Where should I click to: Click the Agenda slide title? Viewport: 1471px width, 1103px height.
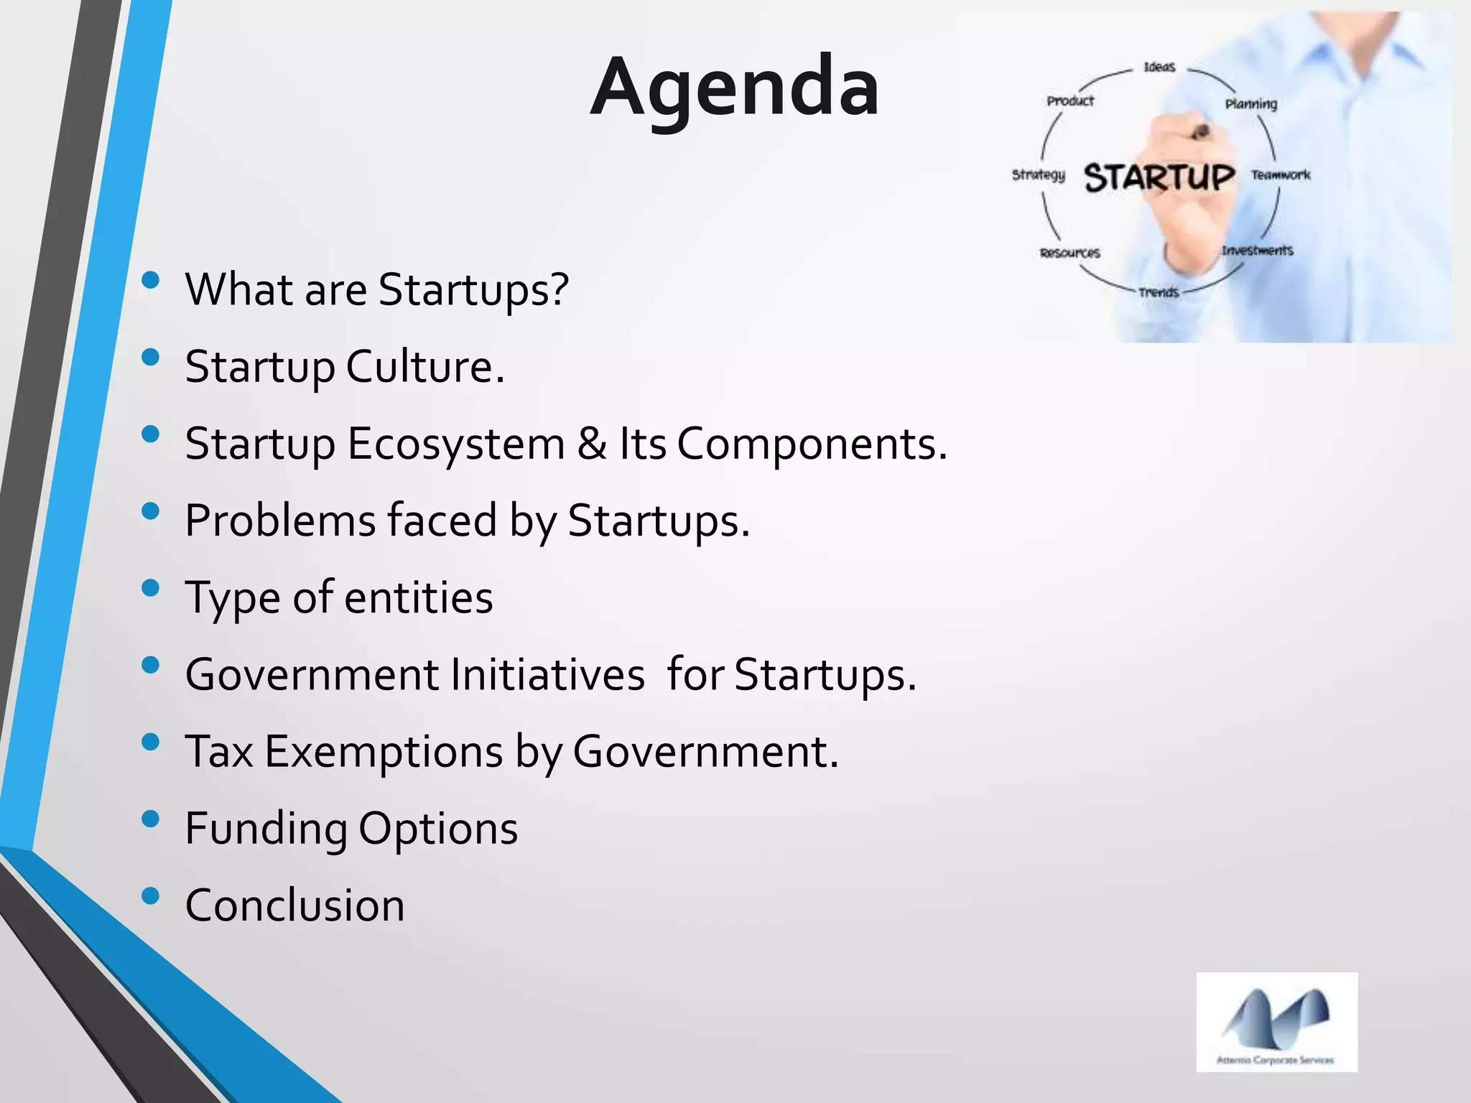coord(734,88)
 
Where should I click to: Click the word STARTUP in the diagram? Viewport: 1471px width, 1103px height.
coord(1159,177)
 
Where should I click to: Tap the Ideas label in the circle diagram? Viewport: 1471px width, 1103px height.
coord(1159,67)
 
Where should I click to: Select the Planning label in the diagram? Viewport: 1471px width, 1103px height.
coord(1250,104)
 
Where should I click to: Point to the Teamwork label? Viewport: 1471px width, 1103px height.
coord(1280,174)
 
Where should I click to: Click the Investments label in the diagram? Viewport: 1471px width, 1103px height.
coord(1257,250)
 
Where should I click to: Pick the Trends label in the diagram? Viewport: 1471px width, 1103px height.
coord(1159,292)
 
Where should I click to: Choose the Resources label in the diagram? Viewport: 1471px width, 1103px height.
coord(1069,253)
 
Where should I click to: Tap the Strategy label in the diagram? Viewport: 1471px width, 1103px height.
coord(1038,174)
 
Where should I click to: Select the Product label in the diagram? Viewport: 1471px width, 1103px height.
coord(1069,101)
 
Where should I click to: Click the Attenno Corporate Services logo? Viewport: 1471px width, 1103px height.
coord(1276,1022)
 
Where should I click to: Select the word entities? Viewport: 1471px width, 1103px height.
coord(419,597)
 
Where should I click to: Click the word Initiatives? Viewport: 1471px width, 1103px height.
coord(547,674)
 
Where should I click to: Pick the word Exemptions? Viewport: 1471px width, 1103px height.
coord(384,751)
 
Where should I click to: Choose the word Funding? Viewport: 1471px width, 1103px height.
coord(266,829)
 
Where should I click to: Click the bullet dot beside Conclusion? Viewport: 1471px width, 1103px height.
coord(150,895)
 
